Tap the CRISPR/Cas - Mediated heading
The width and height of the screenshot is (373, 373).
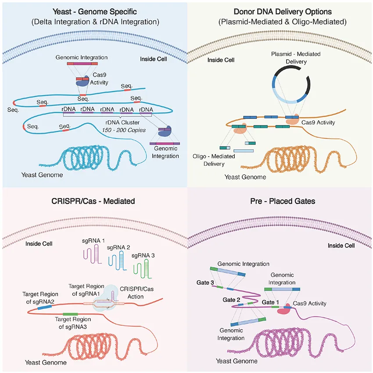(93, 201)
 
